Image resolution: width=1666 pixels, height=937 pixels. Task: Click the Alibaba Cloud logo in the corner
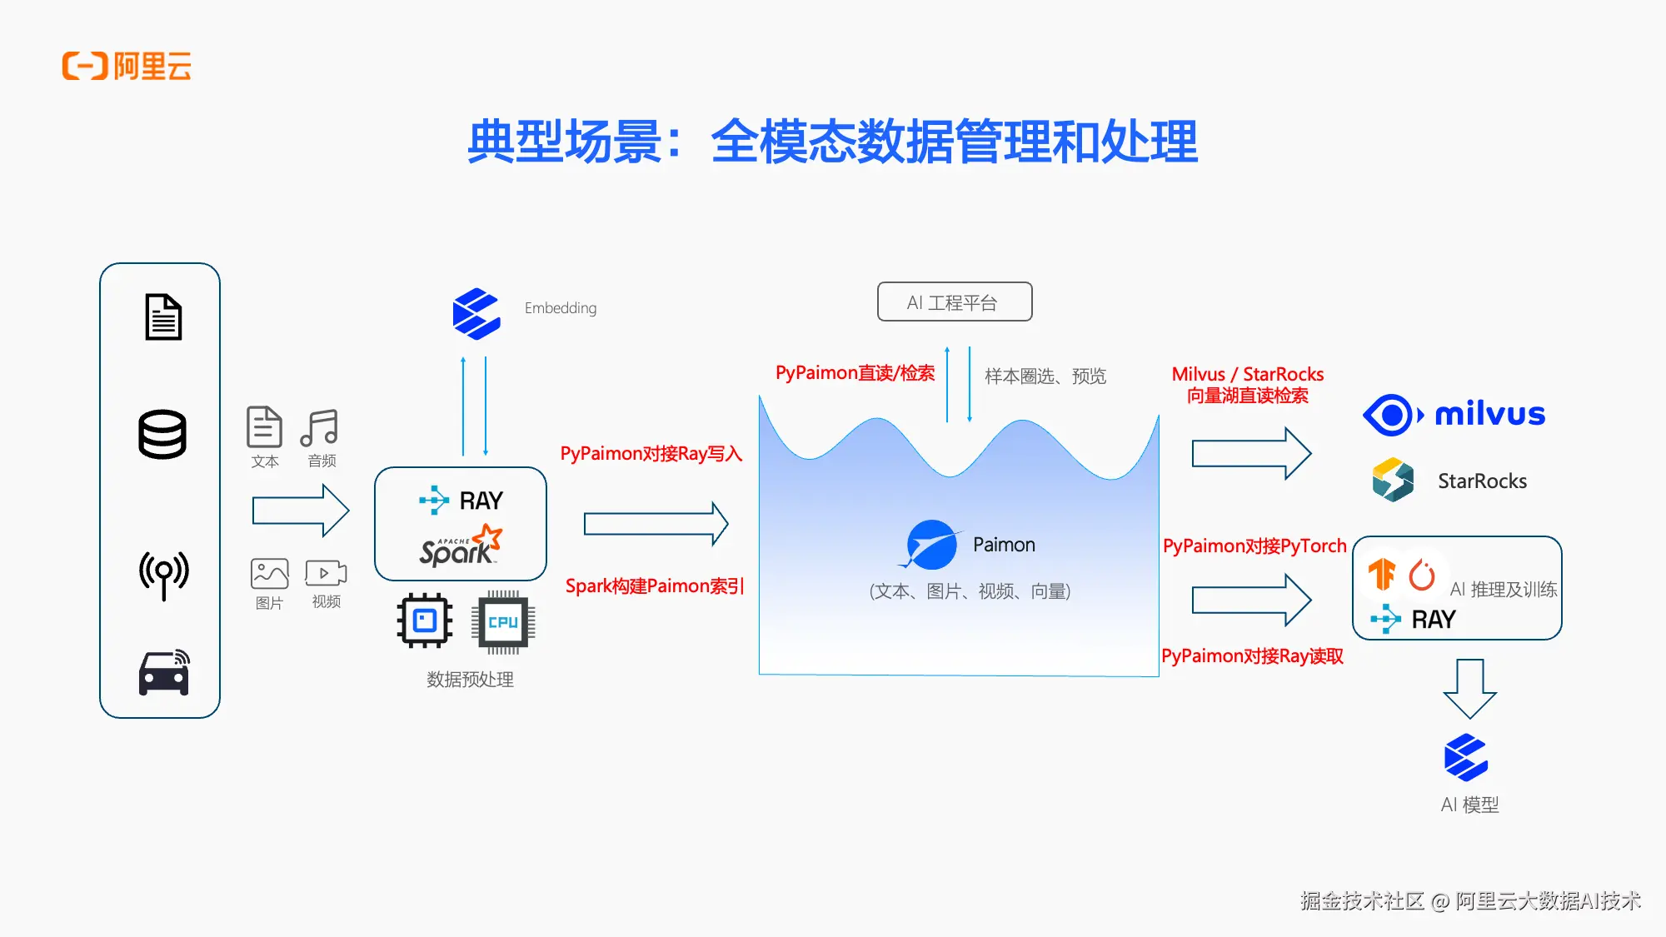click(127, 66)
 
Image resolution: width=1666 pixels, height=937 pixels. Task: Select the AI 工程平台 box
click(954, 302)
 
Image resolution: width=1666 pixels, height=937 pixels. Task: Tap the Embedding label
click(560, 308)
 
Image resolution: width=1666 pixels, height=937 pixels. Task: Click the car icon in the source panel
click(163, 673)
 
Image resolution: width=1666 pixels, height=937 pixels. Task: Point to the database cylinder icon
click(162, 434)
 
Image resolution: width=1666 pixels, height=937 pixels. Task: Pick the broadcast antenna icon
click(163, 573)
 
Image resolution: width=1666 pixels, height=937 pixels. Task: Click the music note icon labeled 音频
click(320, 427)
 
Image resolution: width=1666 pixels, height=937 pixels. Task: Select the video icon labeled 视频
click(326, 573)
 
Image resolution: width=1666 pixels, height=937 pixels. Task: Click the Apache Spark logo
click(460, 547)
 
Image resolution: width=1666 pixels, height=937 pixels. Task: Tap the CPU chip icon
click(503, 622)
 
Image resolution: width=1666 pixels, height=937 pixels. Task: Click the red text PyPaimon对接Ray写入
click(651, 454)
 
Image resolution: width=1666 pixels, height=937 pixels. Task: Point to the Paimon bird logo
click(930, 546)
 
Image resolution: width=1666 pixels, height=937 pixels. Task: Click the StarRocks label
click(1482, 481)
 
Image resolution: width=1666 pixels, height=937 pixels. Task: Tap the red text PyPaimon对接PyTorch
click(1254, 546)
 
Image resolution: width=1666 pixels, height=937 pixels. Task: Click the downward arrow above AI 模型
click(1469, 688)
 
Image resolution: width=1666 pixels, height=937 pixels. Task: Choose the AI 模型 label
click(1469, 805)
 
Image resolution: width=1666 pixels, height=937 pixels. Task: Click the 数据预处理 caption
click(470, 680)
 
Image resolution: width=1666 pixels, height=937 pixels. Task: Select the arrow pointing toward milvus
click(1251, 454)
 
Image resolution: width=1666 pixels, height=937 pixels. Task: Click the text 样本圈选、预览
click(1045, 376)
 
